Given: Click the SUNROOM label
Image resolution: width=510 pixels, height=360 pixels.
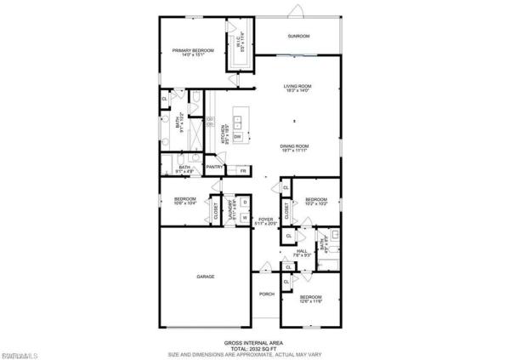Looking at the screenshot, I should (298, 36).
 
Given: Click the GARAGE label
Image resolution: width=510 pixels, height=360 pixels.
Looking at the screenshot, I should (206, 277).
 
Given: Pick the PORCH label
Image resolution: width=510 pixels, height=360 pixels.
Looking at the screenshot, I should (267, 296).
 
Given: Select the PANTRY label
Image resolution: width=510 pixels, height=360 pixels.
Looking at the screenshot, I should (214, 167).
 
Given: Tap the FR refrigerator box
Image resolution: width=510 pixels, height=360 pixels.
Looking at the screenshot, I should (243, 171).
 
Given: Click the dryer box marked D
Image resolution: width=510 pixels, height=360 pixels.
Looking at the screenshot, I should (244, 203).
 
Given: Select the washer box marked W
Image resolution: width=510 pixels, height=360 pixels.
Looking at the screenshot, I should (244, 218).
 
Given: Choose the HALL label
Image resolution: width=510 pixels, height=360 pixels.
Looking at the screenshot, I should (299, 252).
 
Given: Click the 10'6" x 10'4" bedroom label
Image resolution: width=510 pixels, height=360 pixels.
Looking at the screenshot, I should (185, 202).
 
